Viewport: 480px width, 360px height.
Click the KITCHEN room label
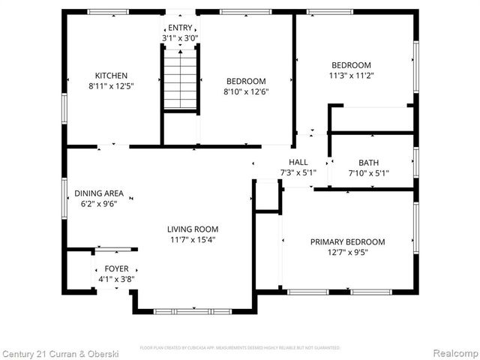tap(111, 76)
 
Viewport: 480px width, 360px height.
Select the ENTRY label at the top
tap(179, 27)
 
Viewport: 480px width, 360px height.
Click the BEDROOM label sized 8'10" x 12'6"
tap(246, 81)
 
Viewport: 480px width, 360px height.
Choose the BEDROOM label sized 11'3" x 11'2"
tap(351, 65)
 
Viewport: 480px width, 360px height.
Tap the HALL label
tap(298, 162)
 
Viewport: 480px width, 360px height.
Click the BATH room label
tap(368, 163)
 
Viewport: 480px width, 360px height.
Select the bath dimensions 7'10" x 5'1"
tap(368, 173)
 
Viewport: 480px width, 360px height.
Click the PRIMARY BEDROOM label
tap(348, 242)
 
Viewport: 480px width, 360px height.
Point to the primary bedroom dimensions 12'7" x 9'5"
tap(348, 253)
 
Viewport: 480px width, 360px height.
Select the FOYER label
tap(115, 268)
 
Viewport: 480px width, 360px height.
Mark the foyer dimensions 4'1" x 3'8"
tap(115, 279)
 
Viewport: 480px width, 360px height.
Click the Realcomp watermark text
tap(453, 352)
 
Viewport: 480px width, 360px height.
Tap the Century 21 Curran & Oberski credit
tap(57, 352)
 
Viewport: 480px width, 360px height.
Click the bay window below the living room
tap(193, 310)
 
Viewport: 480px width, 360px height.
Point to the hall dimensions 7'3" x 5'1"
tap(298, 172)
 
